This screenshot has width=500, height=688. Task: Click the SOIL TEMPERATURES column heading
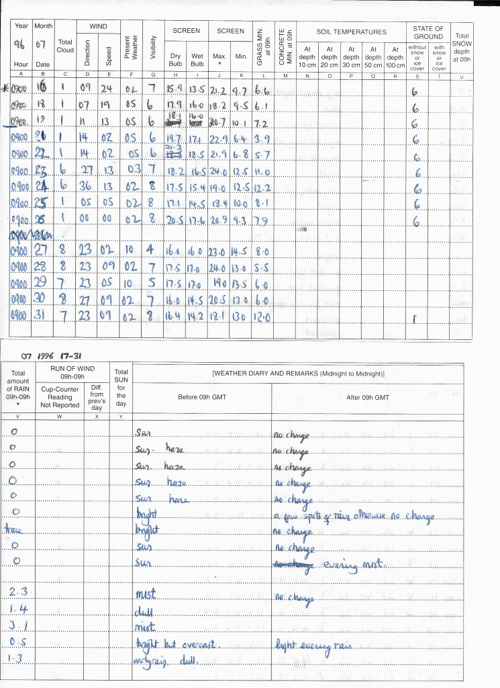tap(352, 32)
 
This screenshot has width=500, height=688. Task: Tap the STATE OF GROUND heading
tap(429, 32)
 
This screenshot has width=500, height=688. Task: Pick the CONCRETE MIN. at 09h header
tap(285, 45)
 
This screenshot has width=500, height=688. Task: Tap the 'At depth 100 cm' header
tap(395, 57)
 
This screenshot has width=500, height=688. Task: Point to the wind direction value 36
tap(86, 186)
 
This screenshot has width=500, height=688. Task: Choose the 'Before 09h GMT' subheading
tap(201, 397)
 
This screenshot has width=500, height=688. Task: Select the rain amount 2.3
tap(17, 591)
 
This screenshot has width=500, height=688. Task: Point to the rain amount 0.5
tap(17, 642)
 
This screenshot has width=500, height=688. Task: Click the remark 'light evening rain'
tap(312, 646)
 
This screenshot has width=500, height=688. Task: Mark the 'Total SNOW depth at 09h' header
tap(462, 47)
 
